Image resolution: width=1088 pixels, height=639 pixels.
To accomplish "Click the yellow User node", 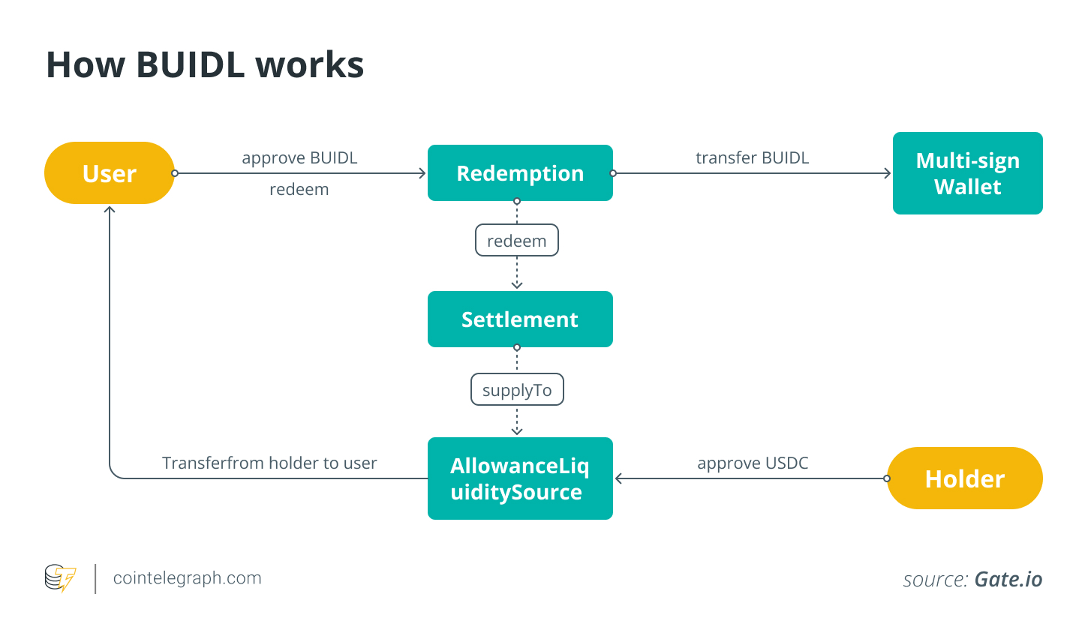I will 110,173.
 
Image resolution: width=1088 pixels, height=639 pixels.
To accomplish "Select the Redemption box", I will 520,173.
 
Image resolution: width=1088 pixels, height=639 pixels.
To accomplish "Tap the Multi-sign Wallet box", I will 967,173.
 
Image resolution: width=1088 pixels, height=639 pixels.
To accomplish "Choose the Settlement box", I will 520,319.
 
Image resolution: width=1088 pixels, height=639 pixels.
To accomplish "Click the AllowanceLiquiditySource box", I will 520,478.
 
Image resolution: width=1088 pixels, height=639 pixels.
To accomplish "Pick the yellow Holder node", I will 965,478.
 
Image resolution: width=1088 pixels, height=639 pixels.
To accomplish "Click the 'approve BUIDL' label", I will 299,158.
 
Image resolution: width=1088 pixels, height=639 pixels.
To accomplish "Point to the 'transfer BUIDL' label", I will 752,158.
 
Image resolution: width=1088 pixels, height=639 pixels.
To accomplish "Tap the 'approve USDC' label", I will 753,463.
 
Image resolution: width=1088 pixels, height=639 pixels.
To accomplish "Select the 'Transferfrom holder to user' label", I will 269,463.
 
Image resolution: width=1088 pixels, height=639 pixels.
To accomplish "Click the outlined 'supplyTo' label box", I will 517,390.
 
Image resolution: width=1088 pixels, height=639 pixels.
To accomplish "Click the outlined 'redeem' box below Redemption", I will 517,241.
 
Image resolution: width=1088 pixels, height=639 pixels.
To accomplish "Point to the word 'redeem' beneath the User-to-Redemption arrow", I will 299,190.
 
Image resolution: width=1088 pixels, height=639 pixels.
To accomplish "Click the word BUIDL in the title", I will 191,65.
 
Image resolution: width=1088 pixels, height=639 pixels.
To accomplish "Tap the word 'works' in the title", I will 310,65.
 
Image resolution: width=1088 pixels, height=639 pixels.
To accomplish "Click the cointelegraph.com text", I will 187,578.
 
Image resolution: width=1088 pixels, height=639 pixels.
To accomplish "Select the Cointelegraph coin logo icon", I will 60,578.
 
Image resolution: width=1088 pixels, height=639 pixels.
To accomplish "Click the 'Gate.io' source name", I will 1008,579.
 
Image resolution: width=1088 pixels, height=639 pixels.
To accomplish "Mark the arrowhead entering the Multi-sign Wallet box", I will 888,173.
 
